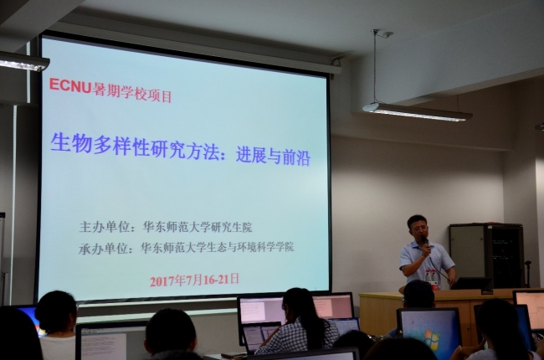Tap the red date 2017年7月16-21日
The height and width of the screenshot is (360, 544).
coord(194,280)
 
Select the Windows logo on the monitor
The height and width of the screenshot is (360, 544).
coord(429,338)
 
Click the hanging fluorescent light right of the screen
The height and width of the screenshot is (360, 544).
coord(416,112)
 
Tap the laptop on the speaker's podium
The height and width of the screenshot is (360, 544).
coord(469,284)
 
